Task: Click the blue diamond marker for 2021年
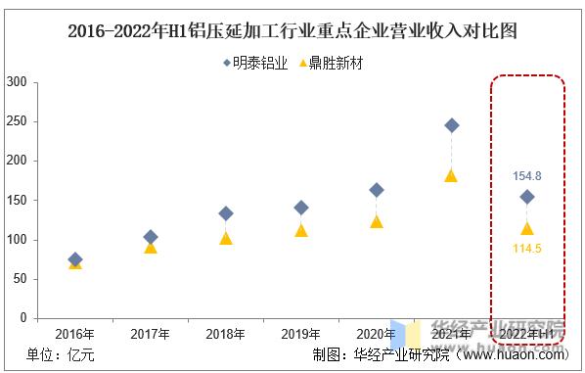[x=451, y=125]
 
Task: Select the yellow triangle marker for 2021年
[x=451, y=175]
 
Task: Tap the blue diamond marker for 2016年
[x=75, y=259]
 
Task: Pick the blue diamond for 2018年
[x=226, y=213]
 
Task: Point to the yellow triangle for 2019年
[x=301, y=230]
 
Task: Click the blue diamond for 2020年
[x=377, y=190]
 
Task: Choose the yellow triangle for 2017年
[x=151, y=247]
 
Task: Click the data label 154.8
[x=526, y=176]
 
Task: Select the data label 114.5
[x=526, y=249]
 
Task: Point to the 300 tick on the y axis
[x=17, y=82]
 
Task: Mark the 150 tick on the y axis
[x=17, y=201]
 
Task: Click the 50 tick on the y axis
[x=20, y=279]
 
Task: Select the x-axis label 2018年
[x=226, y=334]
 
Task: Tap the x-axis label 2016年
[x=75, y=334]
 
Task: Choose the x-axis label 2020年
[x=377, y=334]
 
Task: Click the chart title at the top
[x=292, y=30]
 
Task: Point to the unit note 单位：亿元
[x=62, y=354]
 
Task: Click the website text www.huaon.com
[x=518, y=354]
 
